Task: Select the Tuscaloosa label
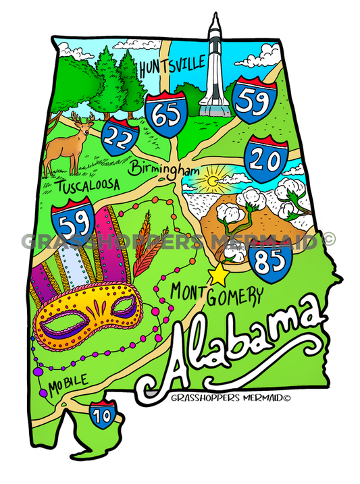pos(88,185)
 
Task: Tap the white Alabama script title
pos(236,344)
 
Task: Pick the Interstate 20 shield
pos(264,157)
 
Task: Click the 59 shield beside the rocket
pos(252,101)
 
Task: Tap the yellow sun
pos(209,181)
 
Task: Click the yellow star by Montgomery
pos(218,275)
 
